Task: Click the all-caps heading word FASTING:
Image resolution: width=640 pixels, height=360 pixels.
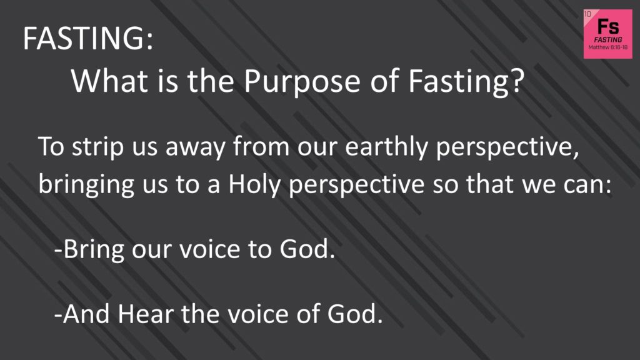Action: (88, 38)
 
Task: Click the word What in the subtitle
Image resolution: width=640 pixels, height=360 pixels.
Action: (109, 81)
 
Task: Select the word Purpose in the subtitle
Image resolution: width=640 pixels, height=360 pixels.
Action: (302, 82)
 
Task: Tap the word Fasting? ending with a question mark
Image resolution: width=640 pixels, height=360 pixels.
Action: (466, 82)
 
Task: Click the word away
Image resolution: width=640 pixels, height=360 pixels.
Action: (195, 148)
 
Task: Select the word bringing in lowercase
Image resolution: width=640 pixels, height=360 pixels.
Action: (86, 185)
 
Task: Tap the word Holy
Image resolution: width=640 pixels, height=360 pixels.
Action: (254, 185)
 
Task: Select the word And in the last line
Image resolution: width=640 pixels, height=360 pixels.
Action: (86, 314)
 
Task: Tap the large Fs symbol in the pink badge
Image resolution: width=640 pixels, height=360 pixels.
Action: (608, 26)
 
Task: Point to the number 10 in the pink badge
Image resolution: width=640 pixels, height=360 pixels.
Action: (587, 14)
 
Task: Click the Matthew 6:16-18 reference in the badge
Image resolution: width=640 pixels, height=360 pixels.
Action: (607, 47)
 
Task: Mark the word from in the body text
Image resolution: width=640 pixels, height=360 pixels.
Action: (261, 146)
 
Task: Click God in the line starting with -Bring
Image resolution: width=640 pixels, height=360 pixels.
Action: (307, 249)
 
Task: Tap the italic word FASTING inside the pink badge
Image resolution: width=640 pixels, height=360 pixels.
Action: (608, 39)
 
